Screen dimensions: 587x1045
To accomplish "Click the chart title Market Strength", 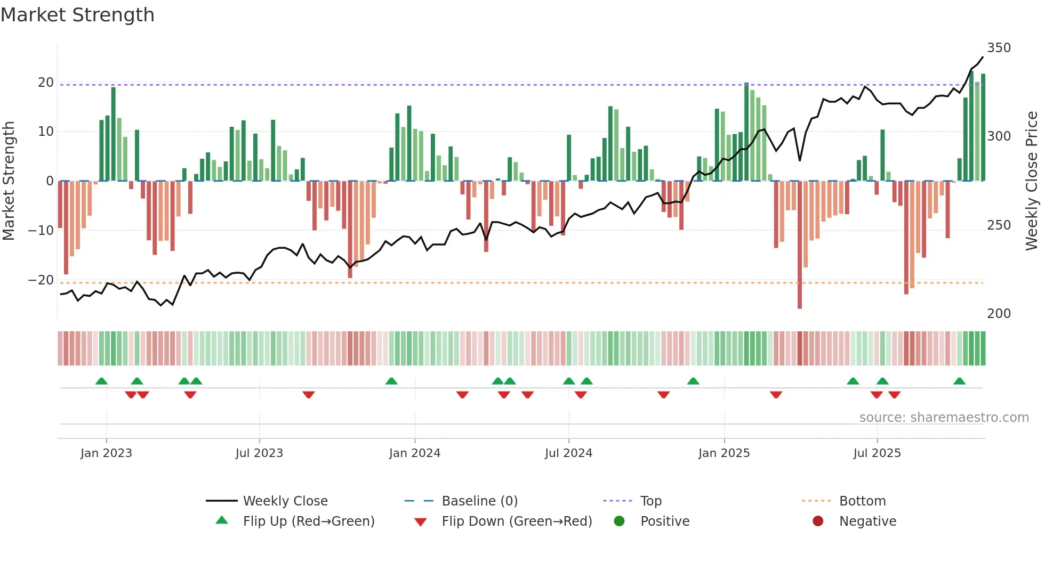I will point(77,15).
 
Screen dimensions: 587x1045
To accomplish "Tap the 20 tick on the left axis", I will point(45,83).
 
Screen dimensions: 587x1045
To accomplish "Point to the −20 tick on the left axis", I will point(41,280).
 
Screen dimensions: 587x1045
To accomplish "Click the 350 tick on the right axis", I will point(999,48).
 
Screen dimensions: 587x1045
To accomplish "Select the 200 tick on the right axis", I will point(999,314).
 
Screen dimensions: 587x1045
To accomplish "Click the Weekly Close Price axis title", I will point(1032,181).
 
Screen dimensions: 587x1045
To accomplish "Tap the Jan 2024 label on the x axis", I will point(414,453).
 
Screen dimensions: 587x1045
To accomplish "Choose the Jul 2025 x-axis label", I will point(877,453).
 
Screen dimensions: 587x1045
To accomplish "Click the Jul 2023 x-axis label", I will point(259,453).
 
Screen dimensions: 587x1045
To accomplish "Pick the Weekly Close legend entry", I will point(285,501).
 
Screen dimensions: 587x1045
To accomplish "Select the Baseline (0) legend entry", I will point(479,501).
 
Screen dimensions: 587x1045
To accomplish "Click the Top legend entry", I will point(650,501).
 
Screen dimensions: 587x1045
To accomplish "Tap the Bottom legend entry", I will point(862,501).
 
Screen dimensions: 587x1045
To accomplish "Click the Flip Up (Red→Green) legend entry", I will point(308,521).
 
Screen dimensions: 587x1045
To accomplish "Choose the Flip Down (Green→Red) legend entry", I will point(516,521).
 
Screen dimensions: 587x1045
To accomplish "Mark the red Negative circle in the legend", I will point(818,521).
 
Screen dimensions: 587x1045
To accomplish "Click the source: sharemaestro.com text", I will point(944,418).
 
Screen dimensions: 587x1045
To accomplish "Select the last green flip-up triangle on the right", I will point(959,381).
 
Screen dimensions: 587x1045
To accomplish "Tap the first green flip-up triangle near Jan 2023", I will point(101,381).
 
